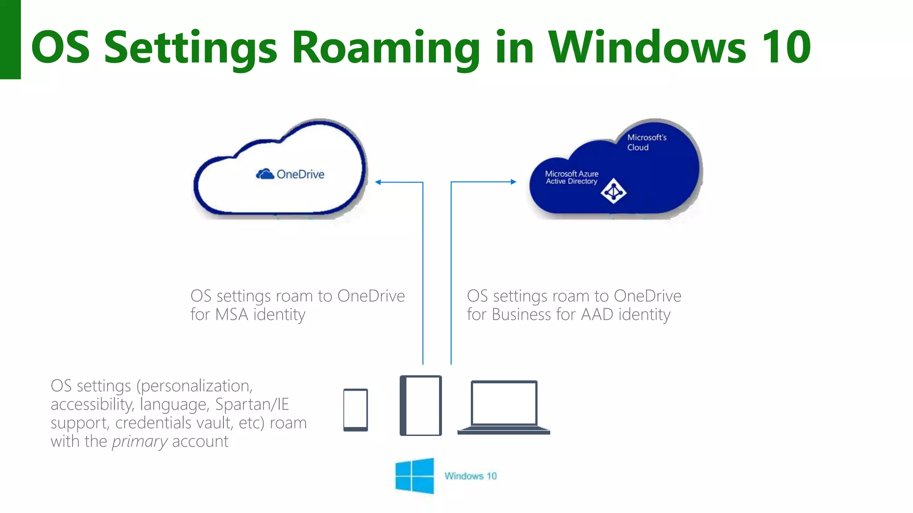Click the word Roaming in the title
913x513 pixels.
click(x=386, y=47)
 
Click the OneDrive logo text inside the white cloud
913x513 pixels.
click(x=300, y=174)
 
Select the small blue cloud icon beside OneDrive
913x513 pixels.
click(x=265, y=174)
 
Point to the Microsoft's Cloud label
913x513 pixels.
click(x=646, y=142)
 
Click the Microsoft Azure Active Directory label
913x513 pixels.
click(x=572, y=177)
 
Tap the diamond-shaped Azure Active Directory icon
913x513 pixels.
click(x=613, y=191)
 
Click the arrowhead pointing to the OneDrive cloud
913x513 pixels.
click(x=378, y=182)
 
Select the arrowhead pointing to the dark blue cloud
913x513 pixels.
click(x=513, y=182)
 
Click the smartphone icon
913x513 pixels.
click(x=355, y=410)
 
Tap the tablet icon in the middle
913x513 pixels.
click(x=420, y=405)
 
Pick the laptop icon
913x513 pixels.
click(x=504, y=407)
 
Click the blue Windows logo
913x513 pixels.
click(x=415, y=476)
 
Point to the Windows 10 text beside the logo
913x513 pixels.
click(x=470, y=476)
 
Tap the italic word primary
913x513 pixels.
click(x=140, y=442)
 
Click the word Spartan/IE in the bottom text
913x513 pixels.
click(x=252, y=404)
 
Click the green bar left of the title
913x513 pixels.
click(x=10, y=40)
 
